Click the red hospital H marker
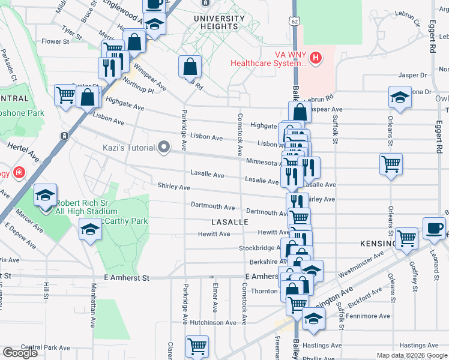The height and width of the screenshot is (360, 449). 316,58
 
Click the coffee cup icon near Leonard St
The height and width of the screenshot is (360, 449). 435,229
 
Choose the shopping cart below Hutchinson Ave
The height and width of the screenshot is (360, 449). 197,346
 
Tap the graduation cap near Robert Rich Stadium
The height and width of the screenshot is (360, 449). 45,196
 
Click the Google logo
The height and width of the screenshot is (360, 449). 19,353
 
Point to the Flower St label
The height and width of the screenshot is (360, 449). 56,42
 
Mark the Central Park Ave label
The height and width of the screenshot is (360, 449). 46,347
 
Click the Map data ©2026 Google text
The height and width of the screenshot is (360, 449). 412,355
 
